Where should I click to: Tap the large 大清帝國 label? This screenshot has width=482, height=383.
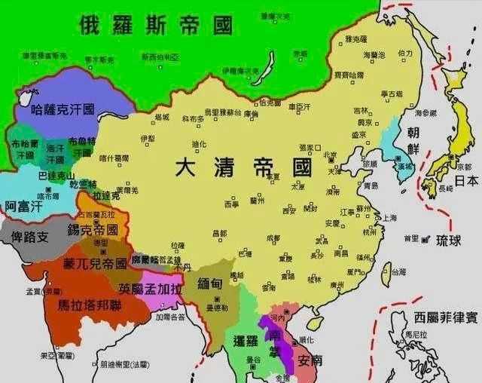[244, 167]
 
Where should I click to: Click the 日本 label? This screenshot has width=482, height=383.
[466, 181]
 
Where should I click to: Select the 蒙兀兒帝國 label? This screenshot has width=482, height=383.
[94, 264]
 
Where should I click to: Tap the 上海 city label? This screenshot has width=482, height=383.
[389, 218]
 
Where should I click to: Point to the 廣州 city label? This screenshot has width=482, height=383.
[337, 285]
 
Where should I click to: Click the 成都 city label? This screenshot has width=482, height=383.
[273, 238]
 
